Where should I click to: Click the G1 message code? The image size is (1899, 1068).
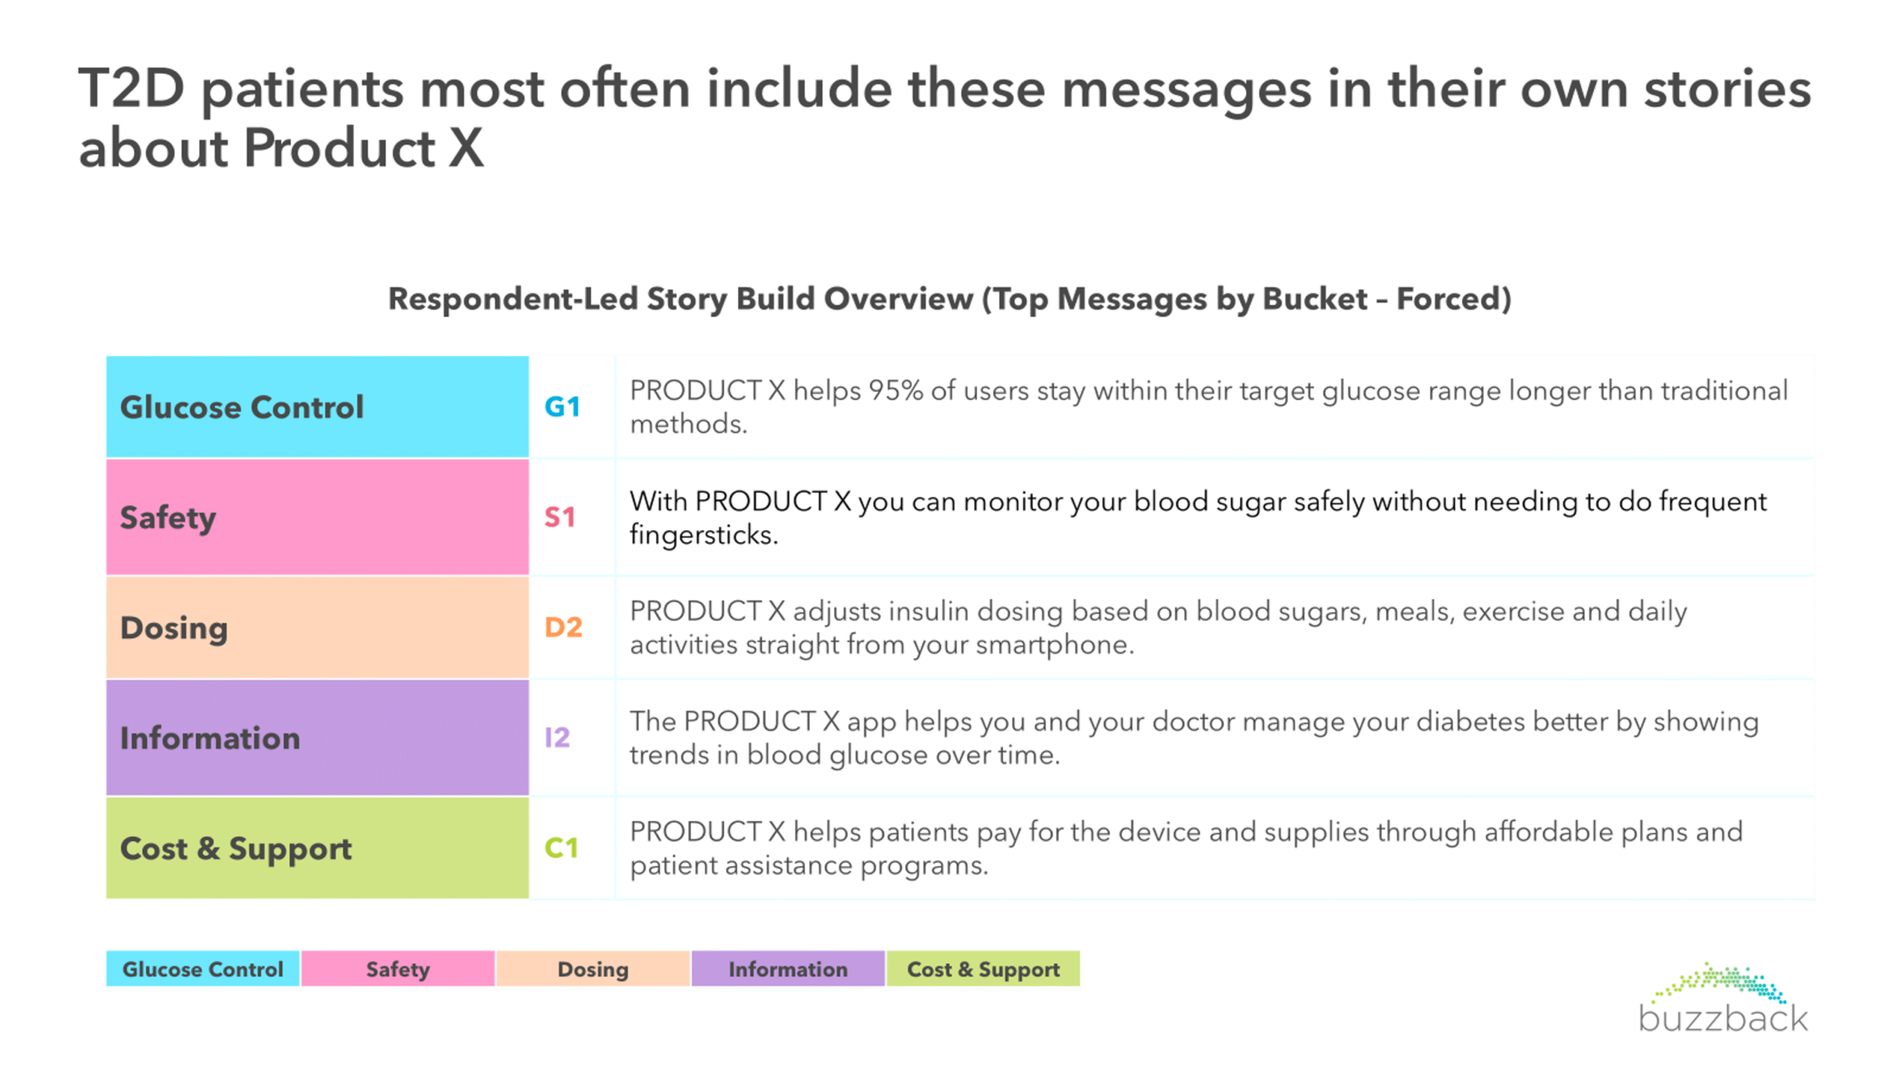(562, 406)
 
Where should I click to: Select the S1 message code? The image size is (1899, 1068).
(559, 517)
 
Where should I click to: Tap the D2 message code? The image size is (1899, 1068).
(563, 627)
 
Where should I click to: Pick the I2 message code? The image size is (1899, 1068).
(557, 737)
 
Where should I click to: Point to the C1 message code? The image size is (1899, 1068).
(561, 848)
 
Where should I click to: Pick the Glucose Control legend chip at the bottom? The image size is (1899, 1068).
(203, 969)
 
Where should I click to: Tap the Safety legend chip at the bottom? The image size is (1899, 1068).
(398, 969)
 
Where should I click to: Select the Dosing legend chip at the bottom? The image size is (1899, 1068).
(593, 969)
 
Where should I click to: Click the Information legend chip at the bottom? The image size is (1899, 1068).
(788, 969)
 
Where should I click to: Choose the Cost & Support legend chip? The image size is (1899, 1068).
(983, 969)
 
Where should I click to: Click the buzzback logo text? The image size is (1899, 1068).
(1723, 1018)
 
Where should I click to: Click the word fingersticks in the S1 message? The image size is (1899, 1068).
(704, 535)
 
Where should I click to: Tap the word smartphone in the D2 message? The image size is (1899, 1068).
(1053, 645)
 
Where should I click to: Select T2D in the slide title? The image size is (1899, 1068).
(131, 88)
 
